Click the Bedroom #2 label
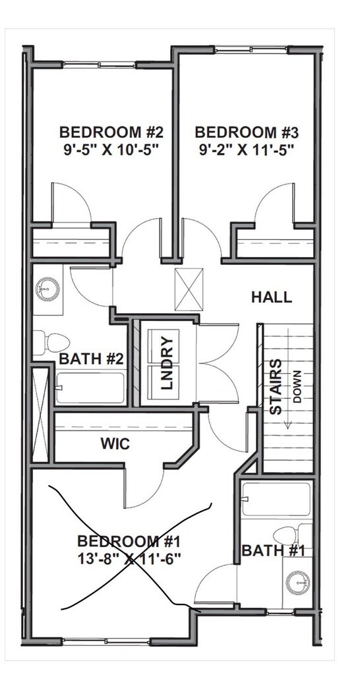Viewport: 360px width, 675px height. tap(112, 131)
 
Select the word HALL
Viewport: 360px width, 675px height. tap(272, 297)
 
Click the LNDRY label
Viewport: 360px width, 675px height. tap(166, 363)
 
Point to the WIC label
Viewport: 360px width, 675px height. tap(115, 444)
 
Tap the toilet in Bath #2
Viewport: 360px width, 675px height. tap(51, 343)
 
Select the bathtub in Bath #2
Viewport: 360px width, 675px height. tap(90, 388)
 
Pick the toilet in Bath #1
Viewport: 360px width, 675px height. tap(293, 535)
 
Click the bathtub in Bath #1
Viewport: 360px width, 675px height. tap(276, 500)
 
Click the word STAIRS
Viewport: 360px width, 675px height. tap(276, 386)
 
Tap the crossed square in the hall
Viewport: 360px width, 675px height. tap(189, 289)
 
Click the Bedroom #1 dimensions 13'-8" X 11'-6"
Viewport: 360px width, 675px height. tap(129, 558)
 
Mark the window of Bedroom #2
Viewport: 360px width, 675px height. tap(100, 65)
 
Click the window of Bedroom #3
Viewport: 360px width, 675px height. tap(251, 50)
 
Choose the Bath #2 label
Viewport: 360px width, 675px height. tap(91, 359)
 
